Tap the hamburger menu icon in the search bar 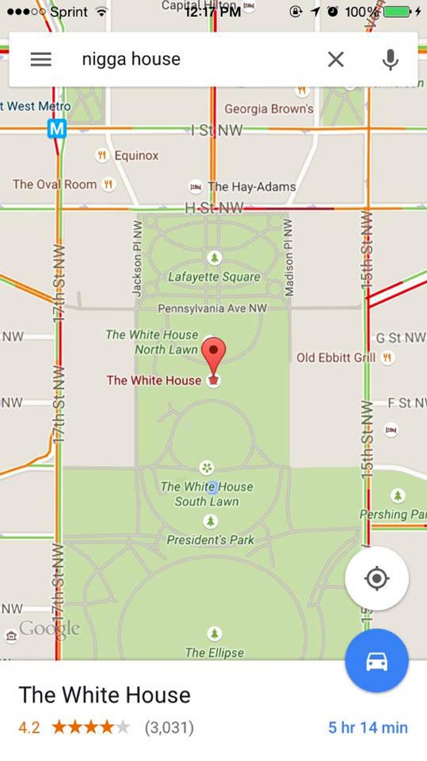click(x=41, y=59)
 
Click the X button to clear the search click(x=336, y=59)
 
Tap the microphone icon click(x=390, y=59)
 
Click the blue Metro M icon click(x=57, y=129)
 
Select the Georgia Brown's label click(x=269, y=108)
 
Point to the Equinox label click(x=136, y=156)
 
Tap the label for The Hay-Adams click(x=252, y=187)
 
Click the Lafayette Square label click(x=214, y=277)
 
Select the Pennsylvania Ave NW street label click(x=212, y=308)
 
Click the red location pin click(x=213, y=355)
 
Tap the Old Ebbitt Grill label click(x=336, y=357)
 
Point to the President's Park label click(x=210, y=540)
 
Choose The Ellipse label click(x=214, y=653)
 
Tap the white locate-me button click(x=376, y=579)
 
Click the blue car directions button click(x=376, y=661)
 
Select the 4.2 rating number click(x=29, y=727)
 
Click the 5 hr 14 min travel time click(x=368, y=727)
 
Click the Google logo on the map click(x=49, y=629)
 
